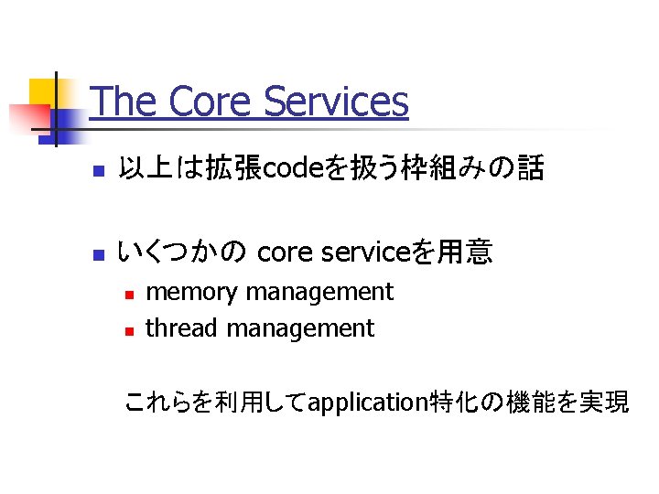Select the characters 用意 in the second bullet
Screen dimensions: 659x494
(x=465, y=252)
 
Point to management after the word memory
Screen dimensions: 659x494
(x=319, y=293)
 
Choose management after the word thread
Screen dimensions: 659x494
(x=300, y=328)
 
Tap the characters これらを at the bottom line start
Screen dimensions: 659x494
(x=157, y=402)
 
